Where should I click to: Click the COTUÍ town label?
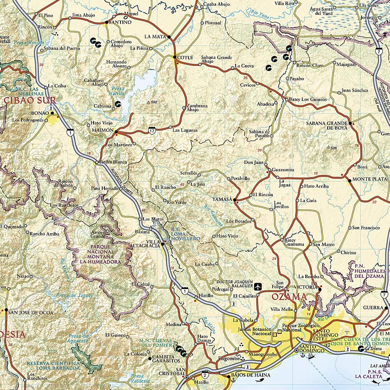pyautogui.click(x=185, y=58)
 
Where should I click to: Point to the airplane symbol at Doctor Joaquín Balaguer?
pyautogui.click(x=257, y=287)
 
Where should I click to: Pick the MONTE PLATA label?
pyautogui.click(x=367, y=179)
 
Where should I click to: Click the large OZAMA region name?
pyautogui.click(x=289, y=297)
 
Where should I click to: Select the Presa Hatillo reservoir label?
pyautogui.click(x=117, y=91)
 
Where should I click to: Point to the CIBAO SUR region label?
pyautogui.click(x=30, y=101)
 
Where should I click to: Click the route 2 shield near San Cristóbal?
pyautogui.click(x=205, y=375)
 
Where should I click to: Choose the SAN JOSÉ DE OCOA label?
pyautogui.click(x=28, y=312)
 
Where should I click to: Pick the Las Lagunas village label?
pyautogui.click(x=185, y=130)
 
